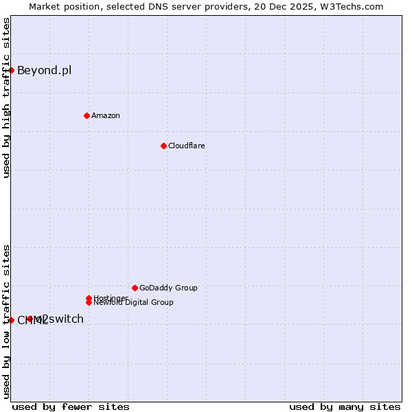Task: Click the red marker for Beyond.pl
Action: [x=12, y=70]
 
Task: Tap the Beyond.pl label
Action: [x=44, y=70]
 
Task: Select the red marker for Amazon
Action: [x=87, y=115]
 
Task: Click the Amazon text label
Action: [x=106, y=115]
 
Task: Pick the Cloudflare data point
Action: [x=163, y=146]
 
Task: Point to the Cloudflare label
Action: [x=186, y=146]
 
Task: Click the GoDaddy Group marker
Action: [x=135, y=288]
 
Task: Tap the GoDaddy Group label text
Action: [x=168, y=288]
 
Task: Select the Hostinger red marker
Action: [x=89, y=298]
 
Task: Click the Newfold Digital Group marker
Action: [x=89, y=302]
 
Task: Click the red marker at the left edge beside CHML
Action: [x=12, y=320]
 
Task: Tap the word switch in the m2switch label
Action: [x=66, y=319]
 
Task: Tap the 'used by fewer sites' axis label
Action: [x=71, y=407]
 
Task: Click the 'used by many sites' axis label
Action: [x=345, y=407]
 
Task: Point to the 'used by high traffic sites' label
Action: [x=6, y=98]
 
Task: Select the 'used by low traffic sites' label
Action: [x=6, y=321]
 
